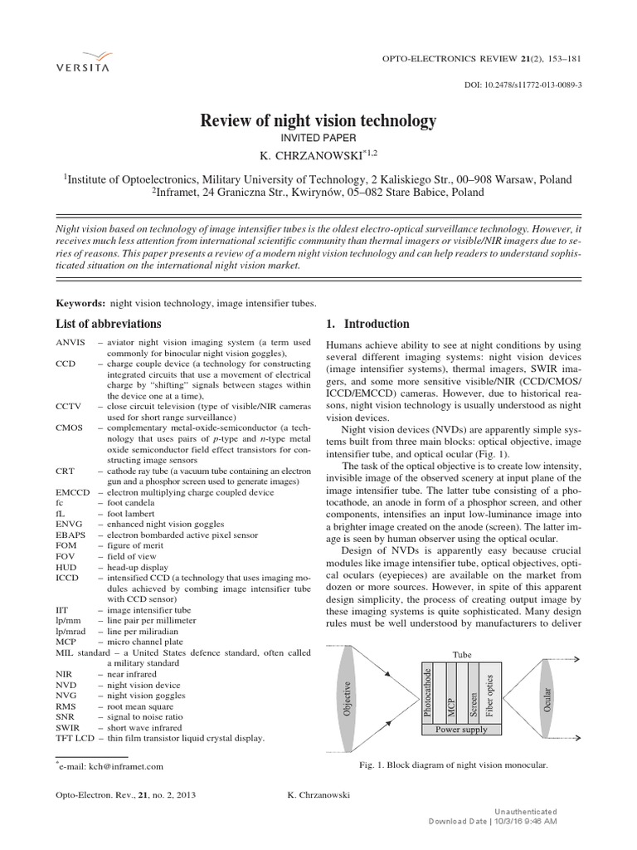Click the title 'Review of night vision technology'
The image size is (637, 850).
tap(318, 121)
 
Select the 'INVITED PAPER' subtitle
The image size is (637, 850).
tap(318, 140)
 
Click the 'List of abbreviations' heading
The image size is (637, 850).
tap(109, 324)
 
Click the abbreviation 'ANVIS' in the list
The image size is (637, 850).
tap(71, 342)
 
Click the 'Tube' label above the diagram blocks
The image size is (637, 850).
tap(461, 654)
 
